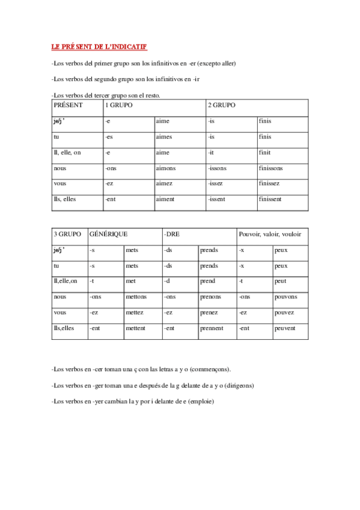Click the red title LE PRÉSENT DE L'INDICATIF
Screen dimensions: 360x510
click(99, 46)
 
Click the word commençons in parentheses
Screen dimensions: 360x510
click(212, 369)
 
